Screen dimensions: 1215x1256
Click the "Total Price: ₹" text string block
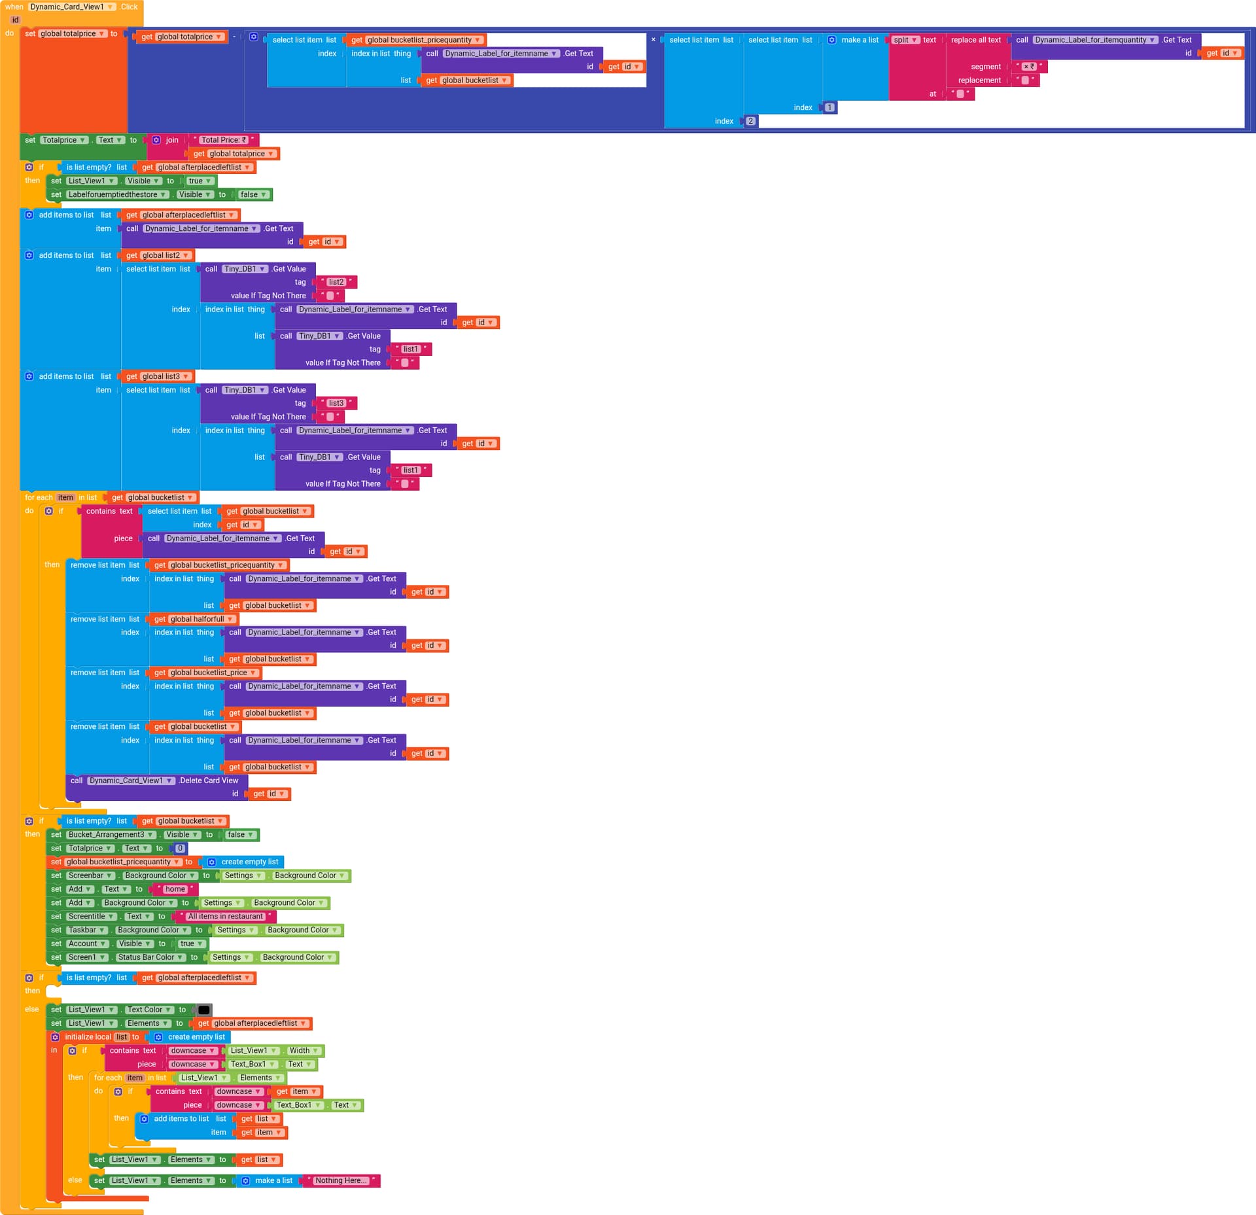coord(223,140)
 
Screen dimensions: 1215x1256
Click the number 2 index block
coord(750,121)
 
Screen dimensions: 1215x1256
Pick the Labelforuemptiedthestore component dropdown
coord(117,194)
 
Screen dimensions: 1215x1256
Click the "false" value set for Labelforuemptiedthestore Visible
coord(253,194)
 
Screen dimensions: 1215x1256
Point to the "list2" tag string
coord(336,282)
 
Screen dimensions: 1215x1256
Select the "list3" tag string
coord(336,403)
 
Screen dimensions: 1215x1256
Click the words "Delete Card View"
coord(209,781)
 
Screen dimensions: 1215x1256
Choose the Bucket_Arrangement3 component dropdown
coord(111,835)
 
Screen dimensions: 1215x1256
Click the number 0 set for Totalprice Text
coord(180,849)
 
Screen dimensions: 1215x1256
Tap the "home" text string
coord(175,889)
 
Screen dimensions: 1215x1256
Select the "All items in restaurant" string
coord(226,917)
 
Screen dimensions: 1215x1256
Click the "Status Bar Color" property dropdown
coord(150,957)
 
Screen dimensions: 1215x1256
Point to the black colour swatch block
coord(204,1010)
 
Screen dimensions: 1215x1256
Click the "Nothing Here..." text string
coord(341,1180)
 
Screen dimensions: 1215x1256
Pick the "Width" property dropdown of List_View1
coord(304,1051)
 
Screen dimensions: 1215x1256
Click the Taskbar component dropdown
coord(87,930)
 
